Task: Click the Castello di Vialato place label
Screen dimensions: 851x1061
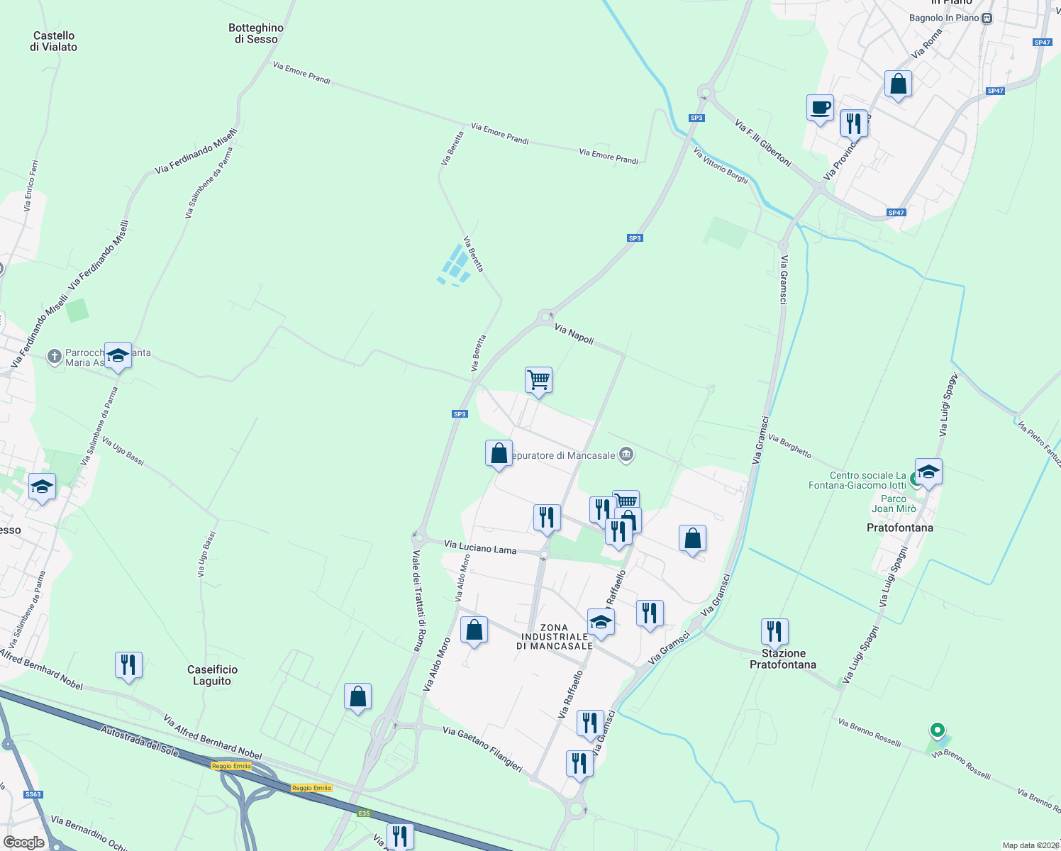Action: (x=54, y=41)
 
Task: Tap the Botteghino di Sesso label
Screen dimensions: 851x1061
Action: (x=256, y=33)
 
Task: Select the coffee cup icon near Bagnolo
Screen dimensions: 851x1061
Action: (x=820, y=108)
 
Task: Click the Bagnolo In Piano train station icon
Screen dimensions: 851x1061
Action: (x=987, y=18)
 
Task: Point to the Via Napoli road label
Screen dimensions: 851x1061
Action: (x=574, y=334)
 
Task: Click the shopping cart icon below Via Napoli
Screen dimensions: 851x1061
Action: (x=538, y=380)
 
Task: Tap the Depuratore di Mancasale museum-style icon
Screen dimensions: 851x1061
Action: (x=626, y=455)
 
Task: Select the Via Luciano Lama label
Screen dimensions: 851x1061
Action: (x=480, y=547)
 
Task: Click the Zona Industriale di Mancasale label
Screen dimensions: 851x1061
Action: (x=555, y=637)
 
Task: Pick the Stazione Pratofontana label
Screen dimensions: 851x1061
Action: (x=783, y=659)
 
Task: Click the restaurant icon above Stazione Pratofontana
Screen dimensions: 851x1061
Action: (x=774, y=630)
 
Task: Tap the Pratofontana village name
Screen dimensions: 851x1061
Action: (x=900, y=528)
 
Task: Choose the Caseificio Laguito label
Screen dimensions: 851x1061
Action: (x=212, y=675)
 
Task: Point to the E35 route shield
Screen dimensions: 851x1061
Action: (x=364, y=813)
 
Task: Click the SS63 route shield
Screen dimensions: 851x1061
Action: (x=33, y=794)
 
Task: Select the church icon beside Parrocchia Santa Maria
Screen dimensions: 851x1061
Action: (x=55, y=357)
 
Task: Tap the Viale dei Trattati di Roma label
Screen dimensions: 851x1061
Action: (x=418, y=600)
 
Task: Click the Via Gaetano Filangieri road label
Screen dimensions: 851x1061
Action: (x=482, y=748)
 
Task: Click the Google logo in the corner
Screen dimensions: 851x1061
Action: (x=23, y=842)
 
